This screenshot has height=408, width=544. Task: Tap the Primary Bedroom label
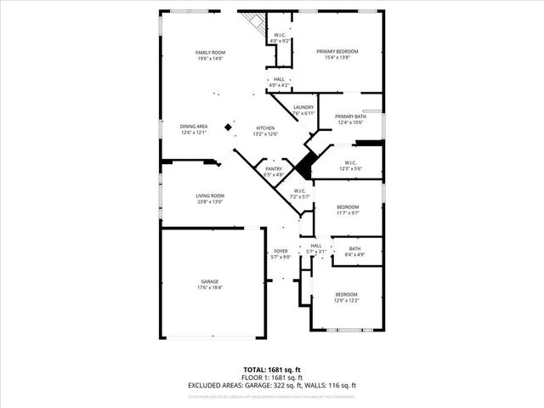[x=337, y=52]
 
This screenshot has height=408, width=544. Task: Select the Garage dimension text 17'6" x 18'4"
[x=209, y=287]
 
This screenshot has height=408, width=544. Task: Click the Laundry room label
[x=303, y=107]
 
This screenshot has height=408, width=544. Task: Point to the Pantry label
[x=273, y=168]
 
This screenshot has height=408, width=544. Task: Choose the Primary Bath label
[x=349, y=116]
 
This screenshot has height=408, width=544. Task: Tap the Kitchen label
[x=265, y=127]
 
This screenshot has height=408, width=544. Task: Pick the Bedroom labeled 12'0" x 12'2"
[x=346, y=294]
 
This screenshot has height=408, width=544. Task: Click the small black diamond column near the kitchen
[x=228, y=127]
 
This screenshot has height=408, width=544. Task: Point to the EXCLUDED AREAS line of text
[x=272, y=385]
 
